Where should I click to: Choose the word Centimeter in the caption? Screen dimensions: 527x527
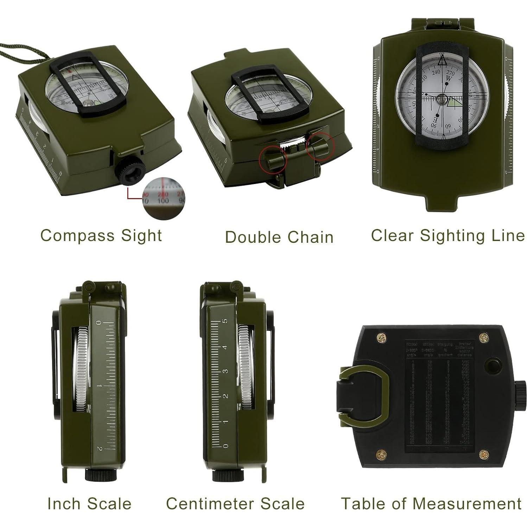coord(212,503)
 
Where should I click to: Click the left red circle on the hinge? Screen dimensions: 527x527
coord(273,160)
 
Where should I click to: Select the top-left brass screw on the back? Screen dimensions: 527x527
coord(381,338)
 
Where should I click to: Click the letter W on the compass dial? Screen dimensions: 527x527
coord(448,78)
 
